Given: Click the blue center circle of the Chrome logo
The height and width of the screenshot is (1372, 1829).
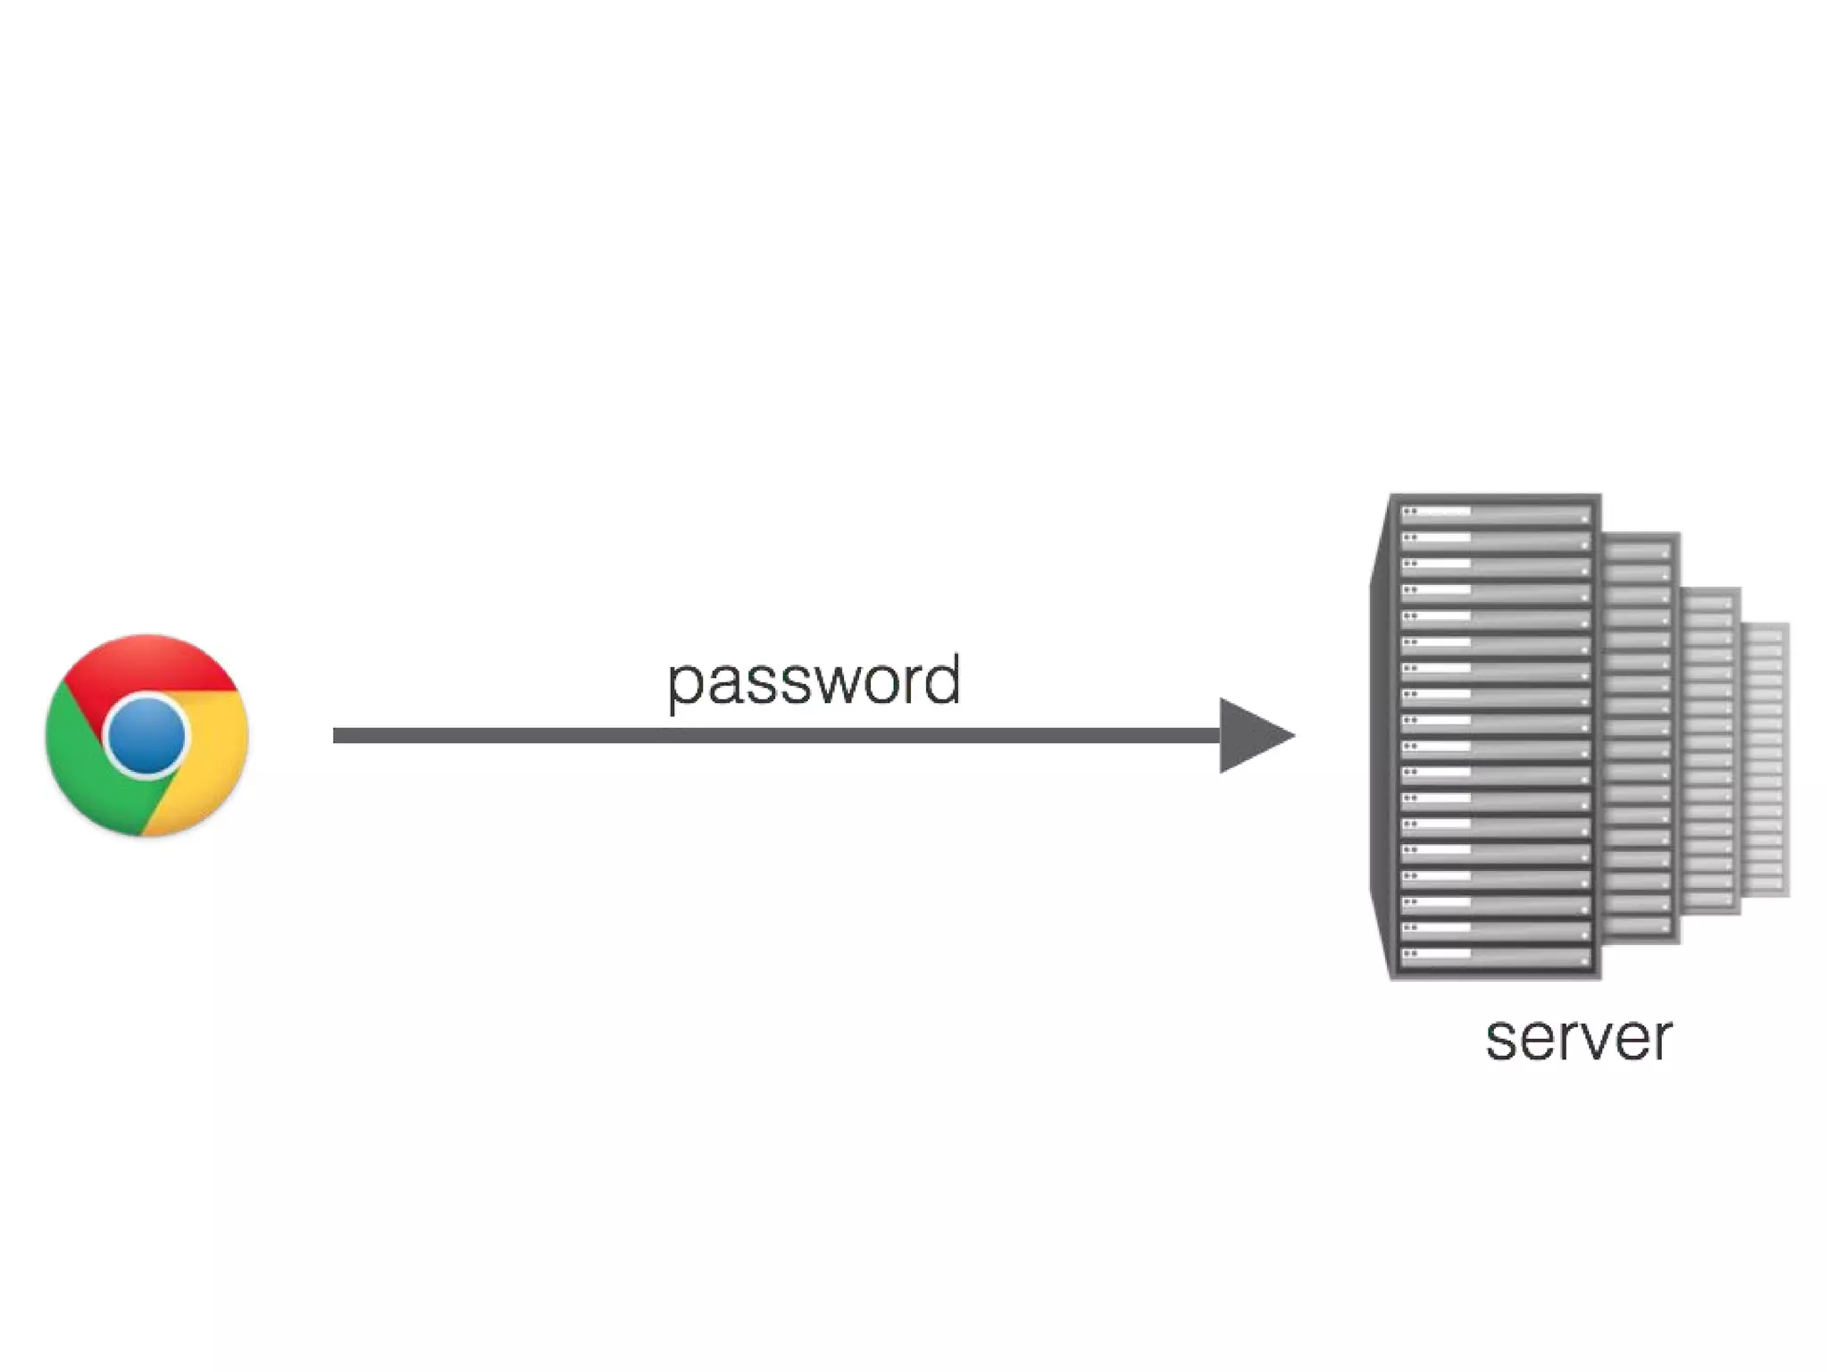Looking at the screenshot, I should click(146, 735).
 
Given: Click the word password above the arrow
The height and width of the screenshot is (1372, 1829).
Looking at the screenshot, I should click(814, 682).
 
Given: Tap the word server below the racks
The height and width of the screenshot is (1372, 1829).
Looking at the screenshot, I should click(1578, 1040).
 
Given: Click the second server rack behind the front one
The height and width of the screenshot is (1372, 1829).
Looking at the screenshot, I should click(1640, 737).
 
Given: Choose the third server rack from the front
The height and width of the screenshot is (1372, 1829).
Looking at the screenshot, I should click(1710, 750).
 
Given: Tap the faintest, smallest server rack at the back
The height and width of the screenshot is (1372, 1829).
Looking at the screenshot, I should click(1766, 759).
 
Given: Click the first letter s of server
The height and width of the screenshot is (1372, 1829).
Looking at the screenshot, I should click(1502, 1042).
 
